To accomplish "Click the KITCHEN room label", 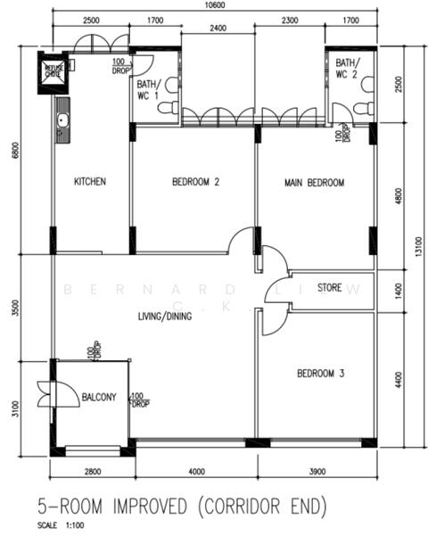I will click(x=90, y=182).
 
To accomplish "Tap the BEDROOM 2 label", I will click(x=195, y=182).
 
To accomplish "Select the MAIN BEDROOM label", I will click(x=314, y=183).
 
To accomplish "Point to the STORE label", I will click(x=331, y=288).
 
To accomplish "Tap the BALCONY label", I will click(x=99, y=398).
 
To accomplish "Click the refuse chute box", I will click(x=53, y=70).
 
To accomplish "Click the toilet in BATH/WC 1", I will click(x=166, y=107).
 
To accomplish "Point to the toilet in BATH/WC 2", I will click(x=361, y=108).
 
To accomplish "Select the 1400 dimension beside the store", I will click(x=398, y=290).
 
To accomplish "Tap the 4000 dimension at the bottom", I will click(x=196, y=471).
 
